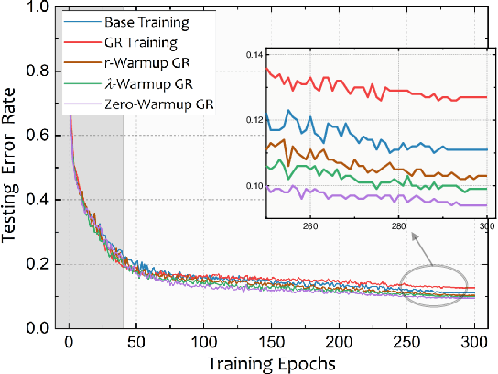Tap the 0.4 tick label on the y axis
(38, 200)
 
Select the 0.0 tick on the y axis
(38, 328)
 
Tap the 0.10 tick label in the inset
(254, 186)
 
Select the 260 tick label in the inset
(309, 226)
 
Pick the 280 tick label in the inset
(397, 226)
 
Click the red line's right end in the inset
(485, 97)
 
